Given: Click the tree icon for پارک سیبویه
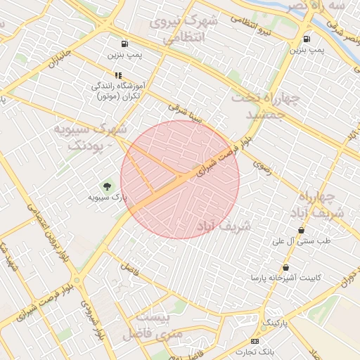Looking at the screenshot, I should (108, 186).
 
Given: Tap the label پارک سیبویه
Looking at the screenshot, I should (108, 198).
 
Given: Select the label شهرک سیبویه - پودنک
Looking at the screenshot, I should (90, 137).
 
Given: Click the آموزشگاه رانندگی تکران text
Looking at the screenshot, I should (117, 91).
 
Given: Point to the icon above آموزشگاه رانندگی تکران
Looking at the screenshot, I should (117, 75).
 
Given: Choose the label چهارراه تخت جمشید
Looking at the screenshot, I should (266, 104).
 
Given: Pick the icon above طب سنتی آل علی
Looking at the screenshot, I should (302, 230).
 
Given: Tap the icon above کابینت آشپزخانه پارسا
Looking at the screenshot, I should (285, 267).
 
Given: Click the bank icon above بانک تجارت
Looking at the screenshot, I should (255, 341).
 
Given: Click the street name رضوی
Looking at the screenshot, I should (262, 167).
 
